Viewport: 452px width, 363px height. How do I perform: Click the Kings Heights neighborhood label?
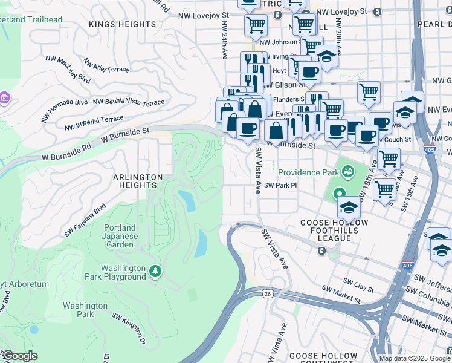point(123,24)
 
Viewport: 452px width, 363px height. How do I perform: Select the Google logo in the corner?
point(19,356)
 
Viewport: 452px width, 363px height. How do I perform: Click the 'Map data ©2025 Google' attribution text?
point(415,358)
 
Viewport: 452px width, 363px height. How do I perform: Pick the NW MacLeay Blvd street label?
point(68,70)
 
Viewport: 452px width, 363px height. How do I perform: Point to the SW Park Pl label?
point(281,185)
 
